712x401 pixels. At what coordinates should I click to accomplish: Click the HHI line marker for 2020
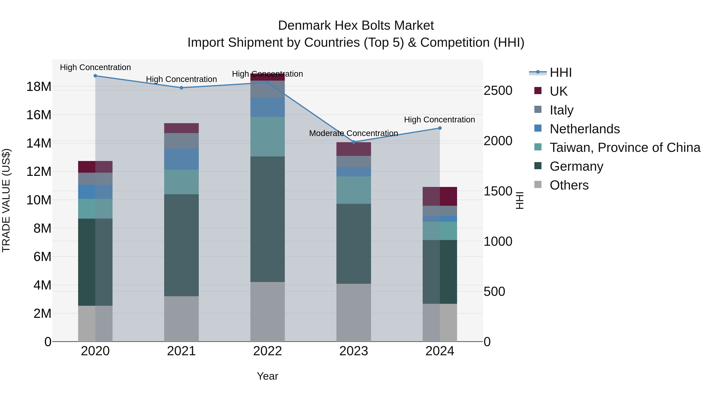coord(95,76)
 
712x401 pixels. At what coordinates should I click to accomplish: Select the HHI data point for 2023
coord(353,142)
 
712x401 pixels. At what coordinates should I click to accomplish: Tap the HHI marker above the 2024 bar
coord(440,128)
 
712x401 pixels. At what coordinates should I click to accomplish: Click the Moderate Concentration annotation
coord(353,133)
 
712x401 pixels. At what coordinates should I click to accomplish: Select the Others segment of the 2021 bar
coord(181,319)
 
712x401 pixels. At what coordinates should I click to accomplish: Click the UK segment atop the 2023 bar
coord(353,149)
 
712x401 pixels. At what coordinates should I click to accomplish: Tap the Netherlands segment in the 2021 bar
coord(181,159)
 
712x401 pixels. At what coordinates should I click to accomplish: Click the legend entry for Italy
coord(561,110)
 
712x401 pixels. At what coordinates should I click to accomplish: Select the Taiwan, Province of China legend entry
coord(625,148)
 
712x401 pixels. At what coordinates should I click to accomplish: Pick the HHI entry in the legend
coord(561,72)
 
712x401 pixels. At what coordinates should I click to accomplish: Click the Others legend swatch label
coord(569,185)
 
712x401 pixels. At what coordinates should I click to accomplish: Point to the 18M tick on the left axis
coord(39,87)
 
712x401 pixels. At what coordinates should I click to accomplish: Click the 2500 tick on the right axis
coord(498,90)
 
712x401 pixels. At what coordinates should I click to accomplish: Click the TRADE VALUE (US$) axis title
coord(6,200)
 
